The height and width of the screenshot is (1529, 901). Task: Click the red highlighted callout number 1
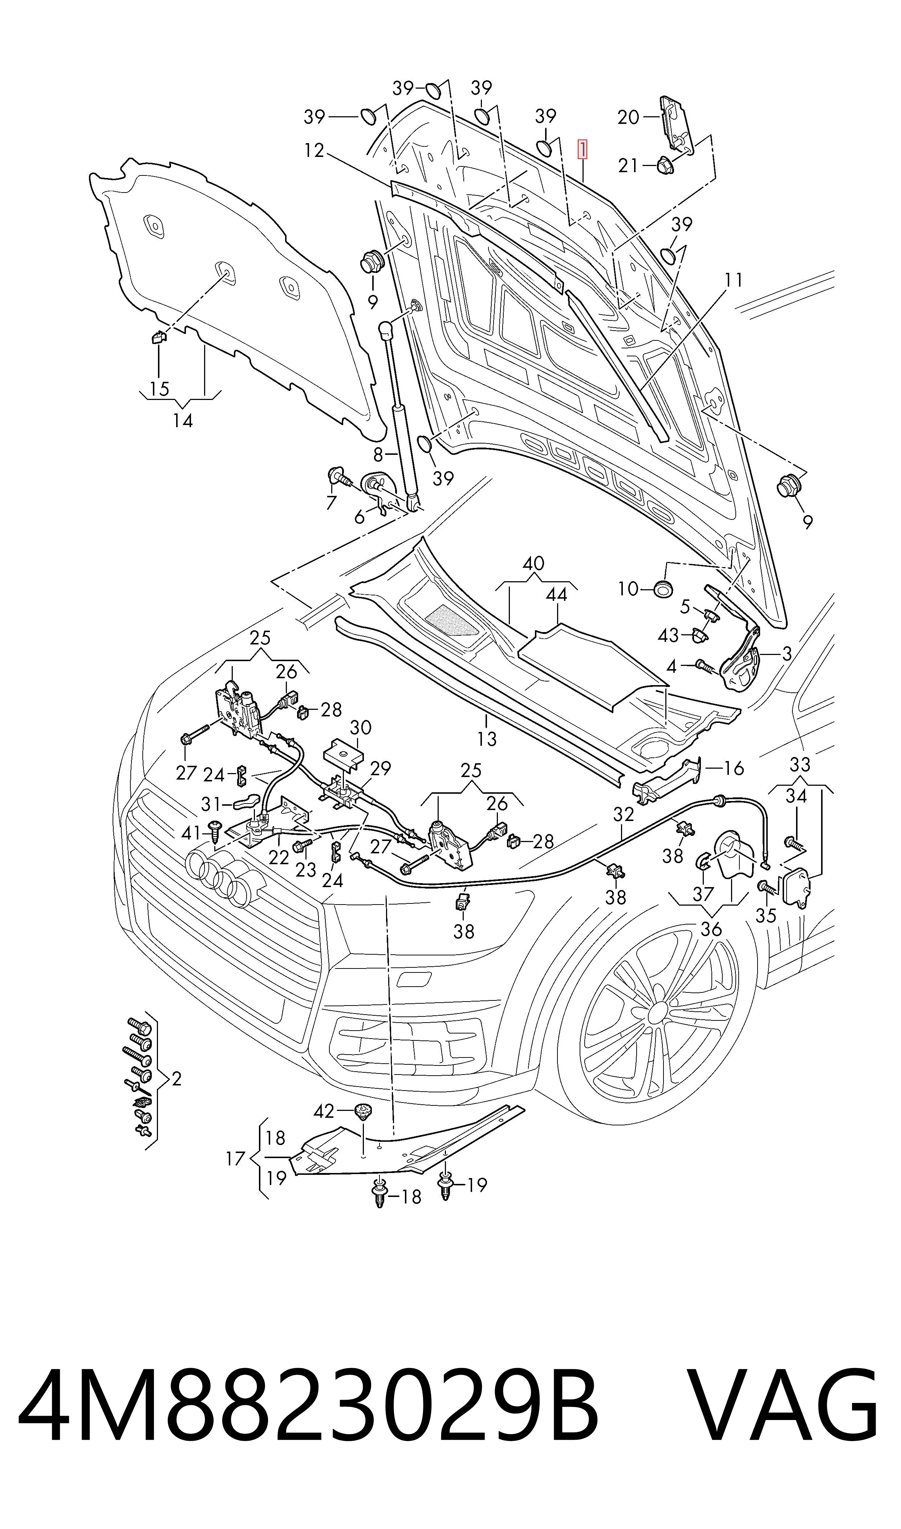pos(582,149)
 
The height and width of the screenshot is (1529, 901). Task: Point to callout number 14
pos(183,420)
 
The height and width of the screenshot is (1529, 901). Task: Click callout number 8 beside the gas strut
pos(378,454)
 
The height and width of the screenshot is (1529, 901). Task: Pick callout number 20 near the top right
pos(628,117)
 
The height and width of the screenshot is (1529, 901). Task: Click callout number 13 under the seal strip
pos(487,739)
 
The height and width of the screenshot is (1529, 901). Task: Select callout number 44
pos(556,594)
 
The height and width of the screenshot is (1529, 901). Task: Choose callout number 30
pos(361,728)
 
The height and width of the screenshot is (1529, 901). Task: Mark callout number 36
pos(711,929)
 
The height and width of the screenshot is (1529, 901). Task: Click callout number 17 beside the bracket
pos(235,1158)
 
